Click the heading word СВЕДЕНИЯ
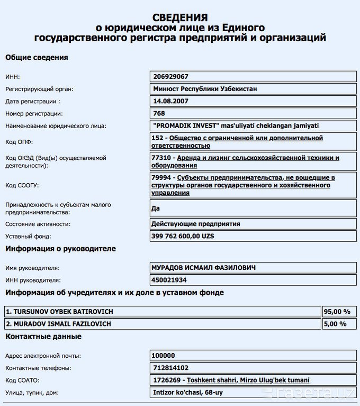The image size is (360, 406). tap(180, 17)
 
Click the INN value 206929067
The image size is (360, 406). tap(170, 77)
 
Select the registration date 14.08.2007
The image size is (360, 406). tap(170, 101)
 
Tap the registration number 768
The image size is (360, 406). tap(158, 113)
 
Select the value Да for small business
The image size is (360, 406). tap(156, 208)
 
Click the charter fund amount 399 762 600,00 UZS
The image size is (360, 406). tap(183, 236)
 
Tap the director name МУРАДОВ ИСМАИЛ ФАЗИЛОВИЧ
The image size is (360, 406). tap(203, 268)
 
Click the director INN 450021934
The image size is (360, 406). tap(169, 280)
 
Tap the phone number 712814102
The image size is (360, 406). tap(170, 368)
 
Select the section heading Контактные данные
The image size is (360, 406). tap(43, 337)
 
